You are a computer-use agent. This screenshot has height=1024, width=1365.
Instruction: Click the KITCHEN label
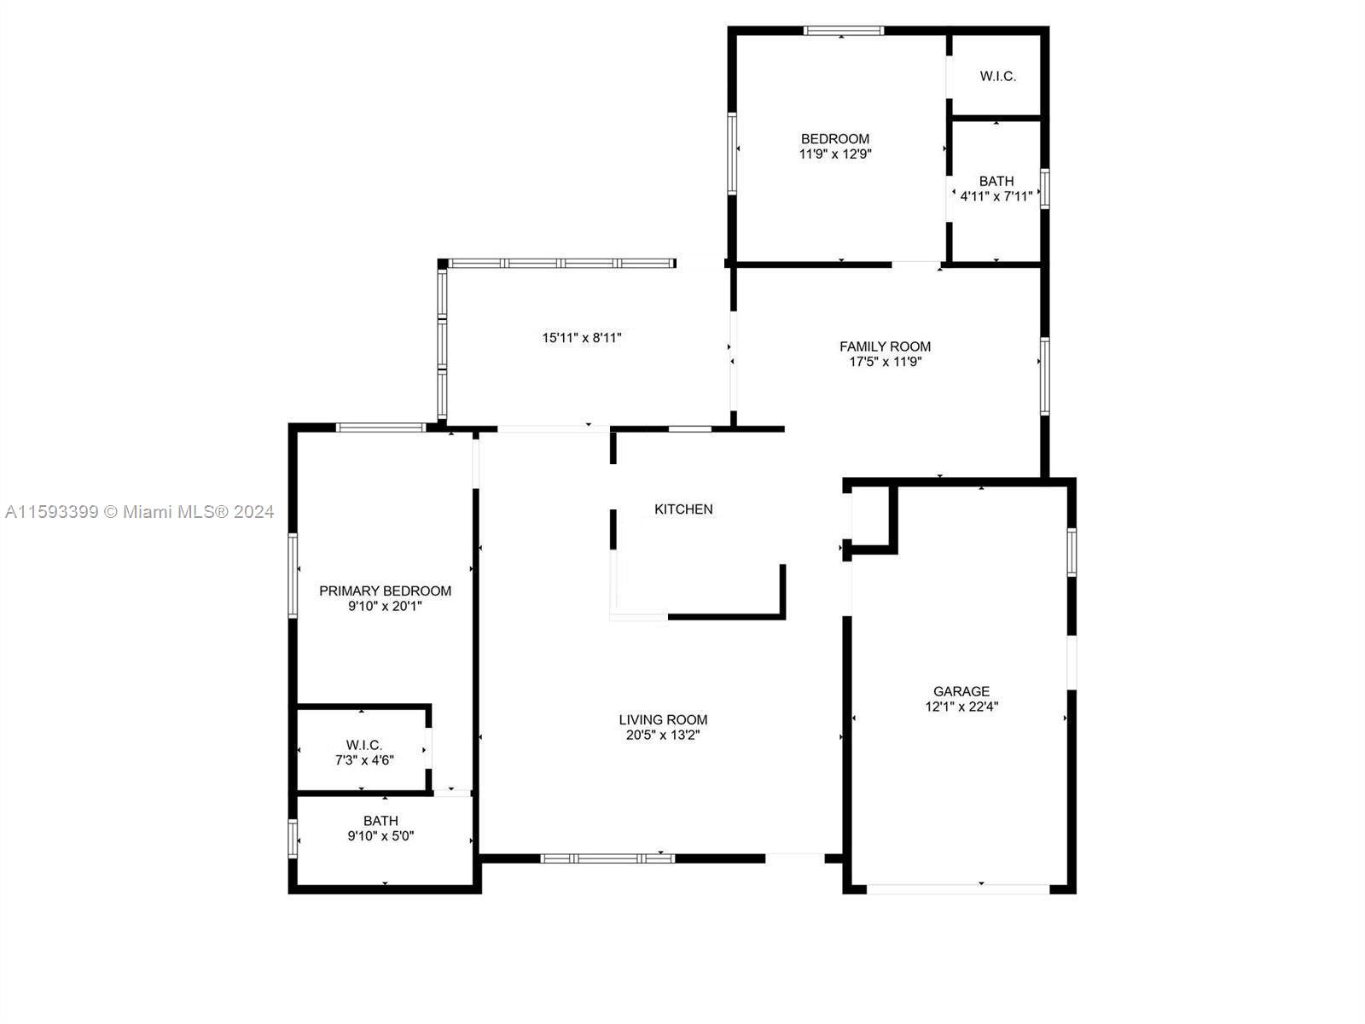682,509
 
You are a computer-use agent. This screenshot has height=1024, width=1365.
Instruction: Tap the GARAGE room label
961,690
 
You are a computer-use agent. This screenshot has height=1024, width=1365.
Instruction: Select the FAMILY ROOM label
885,346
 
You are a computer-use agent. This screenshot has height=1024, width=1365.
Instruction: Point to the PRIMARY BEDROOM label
385,591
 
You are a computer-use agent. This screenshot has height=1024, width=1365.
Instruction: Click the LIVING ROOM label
663,719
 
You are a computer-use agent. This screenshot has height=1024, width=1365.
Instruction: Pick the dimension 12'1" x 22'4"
961,707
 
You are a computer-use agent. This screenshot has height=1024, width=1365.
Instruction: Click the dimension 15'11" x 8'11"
582,338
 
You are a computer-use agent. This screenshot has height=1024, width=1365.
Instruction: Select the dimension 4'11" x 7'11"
996,196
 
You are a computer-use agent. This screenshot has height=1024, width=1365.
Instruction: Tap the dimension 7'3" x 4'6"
364,759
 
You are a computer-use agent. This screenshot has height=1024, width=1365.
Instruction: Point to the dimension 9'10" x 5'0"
380,836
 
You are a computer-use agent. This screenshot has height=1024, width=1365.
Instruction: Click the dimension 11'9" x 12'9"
835,154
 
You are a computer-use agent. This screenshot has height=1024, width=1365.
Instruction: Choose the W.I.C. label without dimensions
997,76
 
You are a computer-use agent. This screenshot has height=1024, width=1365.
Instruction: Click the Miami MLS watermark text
139,512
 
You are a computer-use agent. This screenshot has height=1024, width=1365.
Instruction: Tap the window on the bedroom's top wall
843,31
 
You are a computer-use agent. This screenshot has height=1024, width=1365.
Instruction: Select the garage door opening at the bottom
958,889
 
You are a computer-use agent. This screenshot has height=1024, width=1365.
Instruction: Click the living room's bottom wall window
607,858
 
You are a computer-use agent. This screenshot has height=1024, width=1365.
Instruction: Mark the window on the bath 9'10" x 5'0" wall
293,839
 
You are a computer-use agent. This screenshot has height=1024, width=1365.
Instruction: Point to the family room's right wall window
1045,376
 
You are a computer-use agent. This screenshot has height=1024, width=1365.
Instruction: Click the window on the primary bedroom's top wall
380,428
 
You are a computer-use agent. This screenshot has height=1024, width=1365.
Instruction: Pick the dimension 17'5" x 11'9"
886,362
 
